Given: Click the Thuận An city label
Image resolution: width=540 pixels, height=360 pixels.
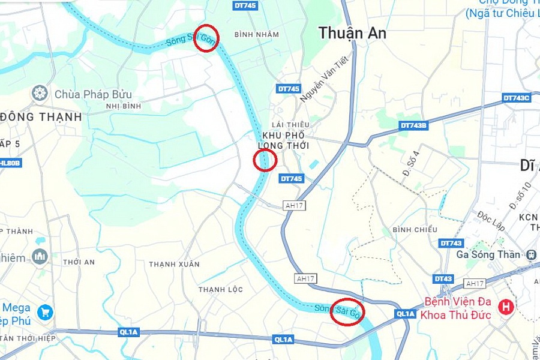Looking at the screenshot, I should click(352, 33).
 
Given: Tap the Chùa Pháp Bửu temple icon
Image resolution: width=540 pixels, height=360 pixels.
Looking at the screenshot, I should click(40, 93).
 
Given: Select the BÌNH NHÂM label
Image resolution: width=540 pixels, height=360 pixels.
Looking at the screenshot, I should click(257, 35).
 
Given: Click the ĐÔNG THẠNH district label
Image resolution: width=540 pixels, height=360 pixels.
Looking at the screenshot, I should click(41, 117).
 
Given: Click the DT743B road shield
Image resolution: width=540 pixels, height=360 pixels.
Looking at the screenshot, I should click(413, 125).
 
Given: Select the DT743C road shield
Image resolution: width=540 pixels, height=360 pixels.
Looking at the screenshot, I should click(517, 98).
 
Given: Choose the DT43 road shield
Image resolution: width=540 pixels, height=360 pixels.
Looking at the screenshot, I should click(443, 279).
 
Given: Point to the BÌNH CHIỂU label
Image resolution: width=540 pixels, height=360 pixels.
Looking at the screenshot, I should click(413, 230).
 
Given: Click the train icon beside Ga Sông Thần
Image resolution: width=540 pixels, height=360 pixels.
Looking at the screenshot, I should click(530, 254).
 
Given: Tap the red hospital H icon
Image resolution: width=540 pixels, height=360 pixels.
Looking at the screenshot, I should click(506, 307).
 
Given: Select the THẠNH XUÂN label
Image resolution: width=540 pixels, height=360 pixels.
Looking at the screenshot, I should click(166, 264).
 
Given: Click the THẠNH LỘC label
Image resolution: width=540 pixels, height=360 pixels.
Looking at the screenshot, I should click(221, 290).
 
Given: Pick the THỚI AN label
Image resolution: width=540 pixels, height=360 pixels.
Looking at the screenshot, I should click(79, 262).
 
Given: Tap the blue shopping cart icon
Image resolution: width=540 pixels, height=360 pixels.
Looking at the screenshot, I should click(44, 312).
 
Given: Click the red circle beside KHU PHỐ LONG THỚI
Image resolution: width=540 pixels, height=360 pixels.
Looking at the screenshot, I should click(265, 160).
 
